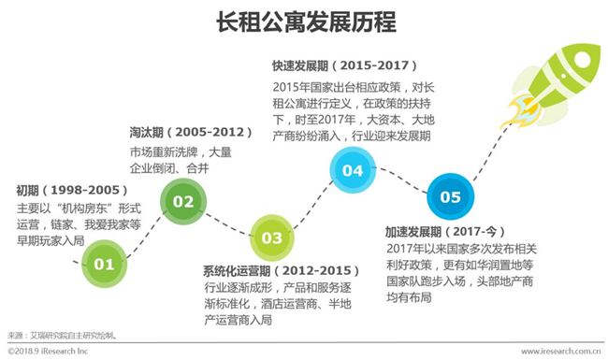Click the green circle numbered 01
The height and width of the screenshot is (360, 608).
(x=105, y=264)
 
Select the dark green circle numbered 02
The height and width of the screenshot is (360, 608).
(x=183, y=202)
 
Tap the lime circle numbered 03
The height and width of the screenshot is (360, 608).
(x=271, y=238)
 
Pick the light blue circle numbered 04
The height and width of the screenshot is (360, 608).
(x=353, y=170)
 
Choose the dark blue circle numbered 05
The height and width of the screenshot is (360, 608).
(x=450, y=197)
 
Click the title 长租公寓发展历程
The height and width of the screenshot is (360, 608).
(x=306, y=22)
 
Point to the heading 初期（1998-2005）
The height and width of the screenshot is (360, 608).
(x=72, y=190)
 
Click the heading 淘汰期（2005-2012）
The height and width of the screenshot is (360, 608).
(x=191, y=132)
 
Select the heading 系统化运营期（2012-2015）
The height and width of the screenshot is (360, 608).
(x=282, y=270)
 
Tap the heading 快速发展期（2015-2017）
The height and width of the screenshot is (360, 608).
(x=344, y=65)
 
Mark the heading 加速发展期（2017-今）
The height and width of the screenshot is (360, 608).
(x=445, y=232)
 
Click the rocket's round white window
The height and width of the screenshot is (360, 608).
(x=582, y=60)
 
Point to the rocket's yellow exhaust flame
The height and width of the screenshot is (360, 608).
(x=519, y=111)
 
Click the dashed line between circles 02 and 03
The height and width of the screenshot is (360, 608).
(x=227, y=224)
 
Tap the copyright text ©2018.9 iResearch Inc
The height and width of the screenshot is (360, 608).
(x=48, y=352)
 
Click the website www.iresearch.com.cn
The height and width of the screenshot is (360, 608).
(x=560, y=352)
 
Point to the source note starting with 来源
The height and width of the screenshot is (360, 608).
(x=62, y=336)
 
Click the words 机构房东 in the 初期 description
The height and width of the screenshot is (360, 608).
(x=84, y=209)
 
